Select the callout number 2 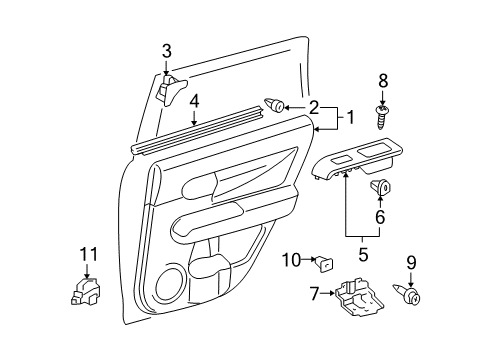tap(314, 107)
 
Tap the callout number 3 tap(167, 51)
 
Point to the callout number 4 tap(195, 100)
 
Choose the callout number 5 tap(361, 255)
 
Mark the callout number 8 tap(381, 81)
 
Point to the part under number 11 tap(88, 292)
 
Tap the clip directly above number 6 tap(381, 185)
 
